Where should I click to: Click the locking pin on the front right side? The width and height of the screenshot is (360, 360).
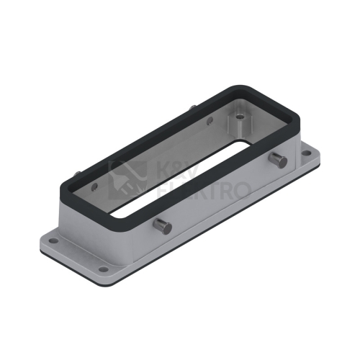(x=278, y=161)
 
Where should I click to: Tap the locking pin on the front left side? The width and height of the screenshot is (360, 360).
(x=163, y=225)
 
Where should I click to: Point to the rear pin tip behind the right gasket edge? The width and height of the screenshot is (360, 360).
(x=192, y=107)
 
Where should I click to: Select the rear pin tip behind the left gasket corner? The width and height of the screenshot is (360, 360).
(x=78, y=174)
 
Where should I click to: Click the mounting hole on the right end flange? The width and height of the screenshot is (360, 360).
(x=305, y=153)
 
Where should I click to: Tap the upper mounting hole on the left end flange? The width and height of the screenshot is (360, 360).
(x=54, y=240)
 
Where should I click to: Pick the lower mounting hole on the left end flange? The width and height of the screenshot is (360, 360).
(x=104, y=269)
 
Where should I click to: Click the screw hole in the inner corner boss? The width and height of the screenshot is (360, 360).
(x=239, y=117)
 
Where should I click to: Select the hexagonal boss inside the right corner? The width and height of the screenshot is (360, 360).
(x=240, y=123)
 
